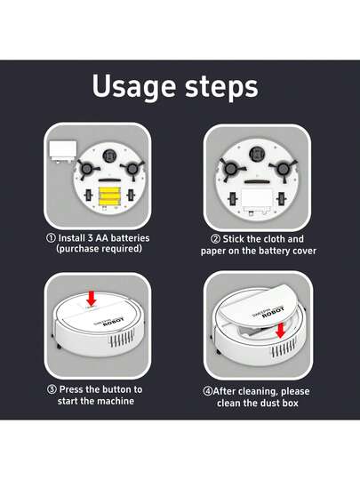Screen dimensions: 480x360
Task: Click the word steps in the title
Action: click(219, 87)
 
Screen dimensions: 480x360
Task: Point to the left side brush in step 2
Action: click(229, 167)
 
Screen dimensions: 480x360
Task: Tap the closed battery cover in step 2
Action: click(257, 196)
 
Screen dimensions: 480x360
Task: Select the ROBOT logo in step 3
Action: click(116, 324)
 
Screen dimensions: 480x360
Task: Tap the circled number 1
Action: click(51, 238)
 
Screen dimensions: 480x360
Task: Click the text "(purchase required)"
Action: click(99, 250)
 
